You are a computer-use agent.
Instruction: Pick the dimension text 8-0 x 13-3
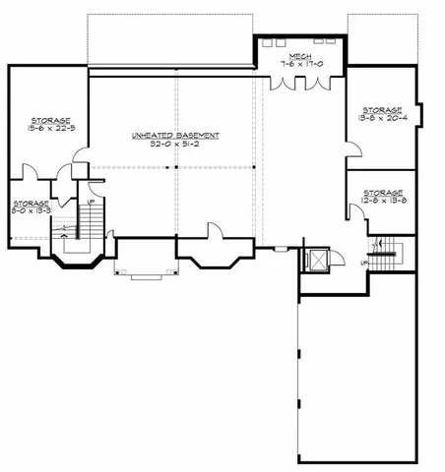30,208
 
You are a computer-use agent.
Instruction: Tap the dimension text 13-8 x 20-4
382,118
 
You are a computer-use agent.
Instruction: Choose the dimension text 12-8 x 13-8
382,200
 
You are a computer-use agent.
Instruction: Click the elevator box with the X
318,262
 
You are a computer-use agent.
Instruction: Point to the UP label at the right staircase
363,262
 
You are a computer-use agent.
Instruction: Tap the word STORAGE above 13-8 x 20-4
382,110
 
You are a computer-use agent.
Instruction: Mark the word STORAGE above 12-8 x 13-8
382,192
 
